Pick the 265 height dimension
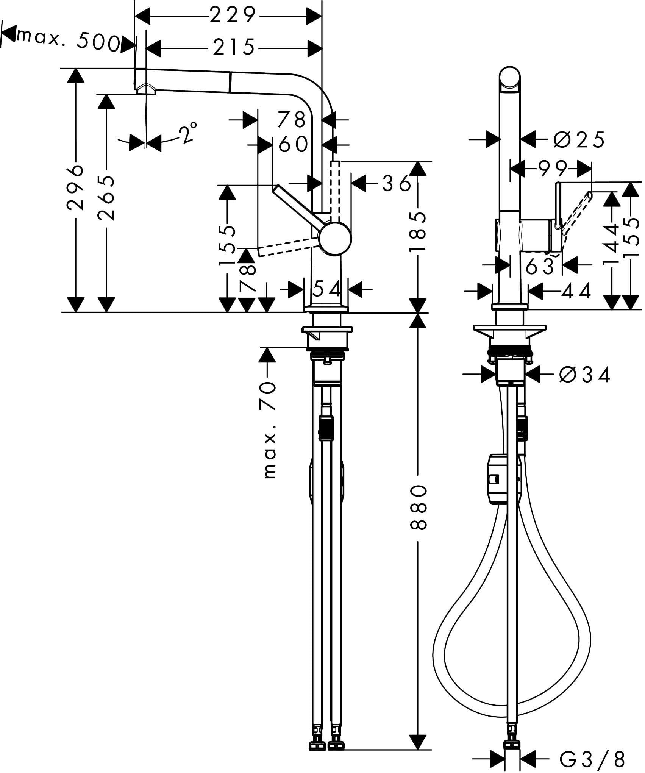(106, 197)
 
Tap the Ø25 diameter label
(579, 140)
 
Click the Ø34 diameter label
(585, 375)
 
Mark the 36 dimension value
(396, 184)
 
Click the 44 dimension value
(576, 291)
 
